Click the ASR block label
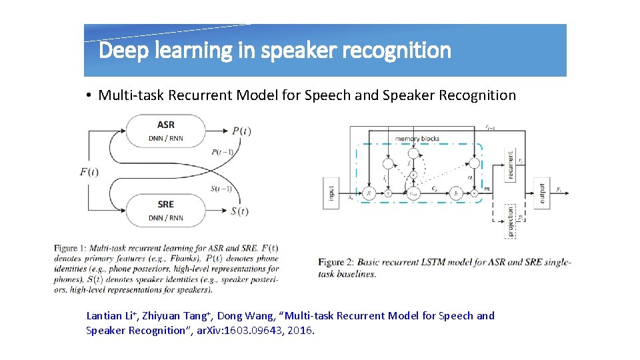(166, 125)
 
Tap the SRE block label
(166, 204)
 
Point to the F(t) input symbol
(89, 172)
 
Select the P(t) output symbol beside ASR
(241, 131)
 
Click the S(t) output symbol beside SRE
(239, 211)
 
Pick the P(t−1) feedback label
(221, 152)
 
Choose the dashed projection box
(511, 221)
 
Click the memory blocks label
(417, 139)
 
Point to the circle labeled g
(369, 193)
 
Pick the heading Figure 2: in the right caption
(340, 262)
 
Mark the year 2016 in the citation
(300, 330)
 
